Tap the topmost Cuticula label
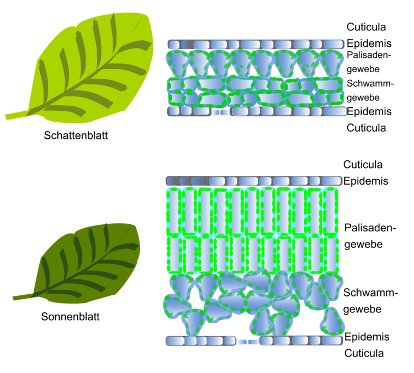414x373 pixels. click(366, 27)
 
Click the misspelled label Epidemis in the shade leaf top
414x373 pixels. click(369, 43)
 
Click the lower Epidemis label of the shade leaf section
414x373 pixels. click(369, 112)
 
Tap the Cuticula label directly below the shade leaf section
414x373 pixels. click(366, 128)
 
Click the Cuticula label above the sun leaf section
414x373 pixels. click(363, 164)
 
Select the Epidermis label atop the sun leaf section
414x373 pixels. click(366, 181)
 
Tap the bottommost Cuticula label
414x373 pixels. click(364, 353)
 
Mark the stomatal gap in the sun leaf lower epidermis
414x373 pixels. click(248, 342)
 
